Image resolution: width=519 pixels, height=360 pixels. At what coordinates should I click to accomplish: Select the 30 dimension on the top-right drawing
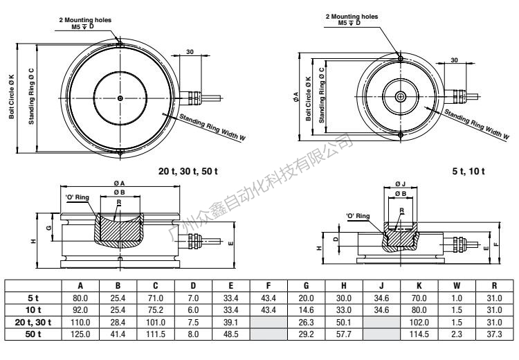click(454, 60)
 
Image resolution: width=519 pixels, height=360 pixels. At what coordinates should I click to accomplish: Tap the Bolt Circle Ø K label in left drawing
click(12, 98)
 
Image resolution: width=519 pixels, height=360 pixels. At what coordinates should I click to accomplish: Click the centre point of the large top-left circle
click(120, 98)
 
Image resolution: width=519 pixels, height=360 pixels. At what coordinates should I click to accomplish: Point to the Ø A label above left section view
click(119, 183)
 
